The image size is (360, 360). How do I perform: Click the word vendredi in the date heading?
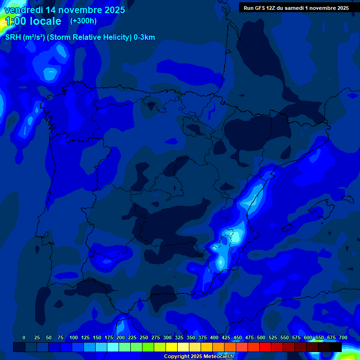coord(24,10)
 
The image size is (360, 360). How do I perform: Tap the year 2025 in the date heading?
coord(111,10)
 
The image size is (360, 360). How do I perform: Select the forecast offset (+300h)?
coord(83,21)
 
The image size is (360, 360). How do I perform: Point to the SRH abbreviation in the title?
coord(13,37)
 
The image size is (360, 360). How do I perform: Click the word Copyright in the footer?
coord(177,357)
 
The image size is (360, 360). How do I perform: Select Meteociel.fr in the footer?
coord(218,357)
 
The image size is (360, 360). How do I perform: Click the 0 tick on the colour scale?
coord(24,337)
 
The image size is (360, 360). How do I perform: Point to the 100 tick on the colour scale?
coord(74,337)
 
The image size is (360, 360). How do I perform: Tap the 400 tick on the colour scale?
coord(214,337)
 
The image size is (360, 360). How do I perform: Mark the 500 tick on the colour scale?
coord(261,337)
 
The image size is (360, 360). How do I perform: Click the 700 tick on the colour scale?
coord(343,337)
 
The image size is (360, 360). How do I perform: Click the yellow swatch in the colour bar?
coord(172,347)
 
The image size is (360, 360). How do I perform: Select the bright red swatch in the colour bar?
coord(265,347)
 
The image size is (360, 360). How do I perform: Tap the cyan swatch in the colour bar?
coord(113,347)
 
